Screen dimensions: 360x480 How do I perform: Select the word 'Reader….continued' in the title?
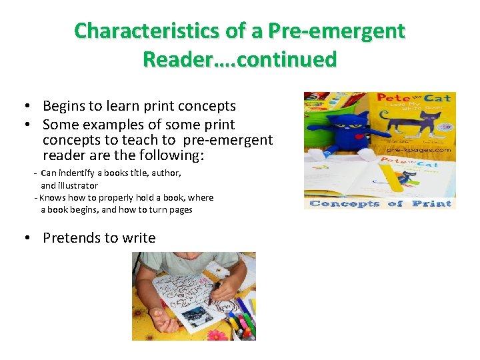(x=239, y=59)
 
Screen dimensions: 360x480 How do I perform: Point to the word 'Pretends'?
(x=70, y=238)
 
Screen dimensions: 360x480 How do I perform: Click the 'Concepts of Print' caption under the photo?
(x=380, y=203)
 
